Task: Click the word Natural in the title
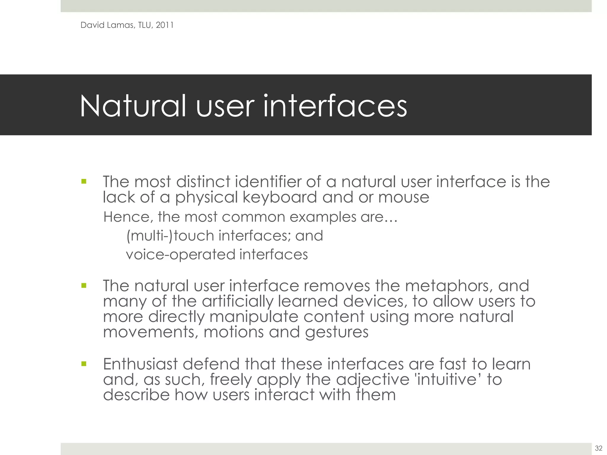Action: click(133, 106)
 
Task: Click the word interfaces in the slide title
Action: click(335, 106)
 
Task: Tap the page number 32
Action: click(598, 448)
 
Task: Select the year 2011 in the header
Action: click(165, 25)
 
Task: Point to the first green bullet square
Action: click(84, 181)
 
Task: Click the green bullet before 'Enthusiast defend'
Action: click(84, 364)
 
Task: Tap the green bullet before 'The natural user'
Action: click(84, 286)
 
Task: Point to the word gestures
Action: click(337, 332)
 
